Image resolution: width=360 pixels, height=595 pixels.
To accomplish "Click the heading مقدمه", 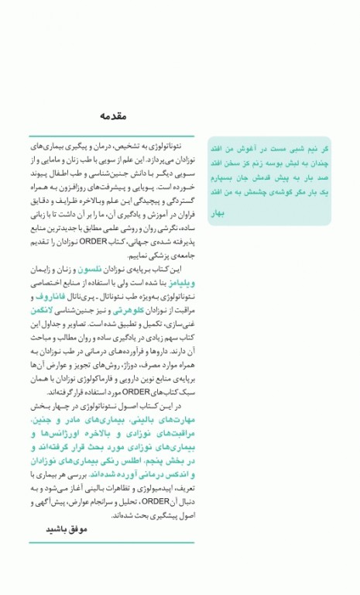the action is [113, 116].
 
